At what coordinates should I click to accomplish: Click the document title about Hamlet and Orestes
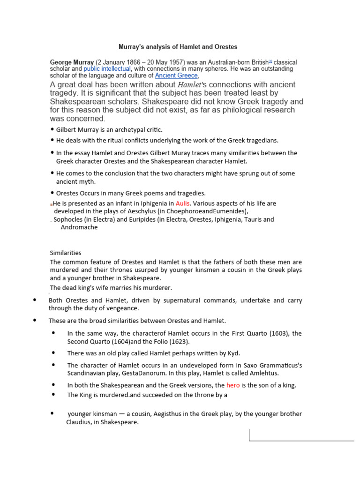tap(177, 47)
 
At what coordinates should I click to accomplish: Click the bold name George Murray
tap(72, 62)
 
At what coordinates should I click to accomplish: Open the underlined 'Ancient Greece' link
tap(177, 75)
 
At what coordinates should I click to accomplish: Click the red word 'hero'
tap(233, 385)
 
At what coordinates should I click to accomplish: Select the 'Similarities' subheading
tap(66, 253)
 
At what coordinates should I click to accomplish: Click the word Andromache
tap(79, 227)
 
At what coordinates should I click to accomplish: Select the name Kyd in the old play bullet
tap(233, 353)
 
